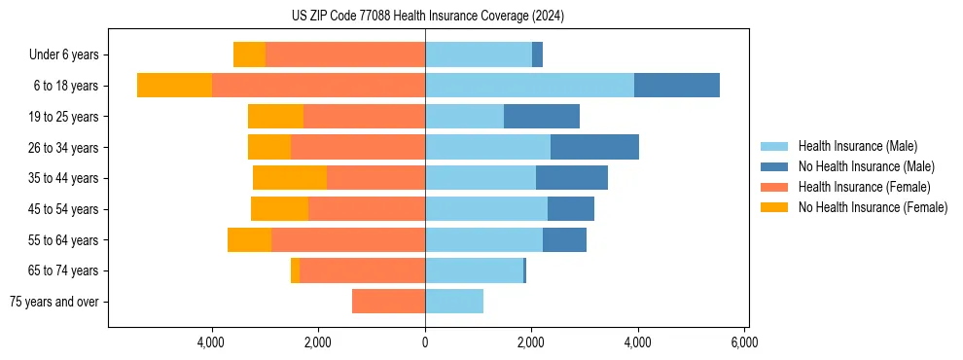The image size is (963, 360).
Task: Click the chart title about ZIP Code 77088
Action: tap(427, 17)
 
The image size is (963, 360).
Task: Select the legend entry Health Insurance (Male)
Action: tap(852, 146)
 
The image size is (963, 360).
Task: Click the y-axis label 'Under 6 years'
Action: tap(63, 55)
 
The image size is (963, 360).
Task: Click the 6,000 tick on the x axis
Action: tap(744, 342)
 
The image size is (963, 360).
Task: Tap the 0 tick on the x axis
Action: tap(425, 342)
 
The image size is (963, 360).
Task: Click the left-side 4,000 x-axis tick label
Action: tap(211, 342)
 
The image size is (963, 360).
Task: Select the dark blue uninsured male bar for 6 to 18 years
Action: tap(676, 86)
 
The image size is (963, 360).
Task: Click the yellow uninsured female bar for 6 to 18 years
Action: tap(174, 86)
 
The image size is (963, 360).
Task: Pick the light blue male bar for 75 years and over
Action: tap(454, 302)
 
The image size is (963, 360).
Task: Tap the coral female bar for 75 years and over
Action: tap(388, 302)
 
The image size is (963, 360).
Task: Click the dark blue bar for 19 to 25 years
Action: tap(541, 117)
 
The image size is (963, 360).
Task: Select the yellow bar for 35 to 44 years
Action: tap(289, 178)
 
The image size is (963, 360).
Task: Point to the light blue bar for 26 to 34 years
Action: tap(487, 147)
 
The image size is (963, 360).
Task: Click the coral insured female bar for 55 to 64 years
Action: tap(347, 240)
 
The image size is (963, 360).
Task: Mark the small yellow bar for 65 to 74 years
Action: tap(295, 270)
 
